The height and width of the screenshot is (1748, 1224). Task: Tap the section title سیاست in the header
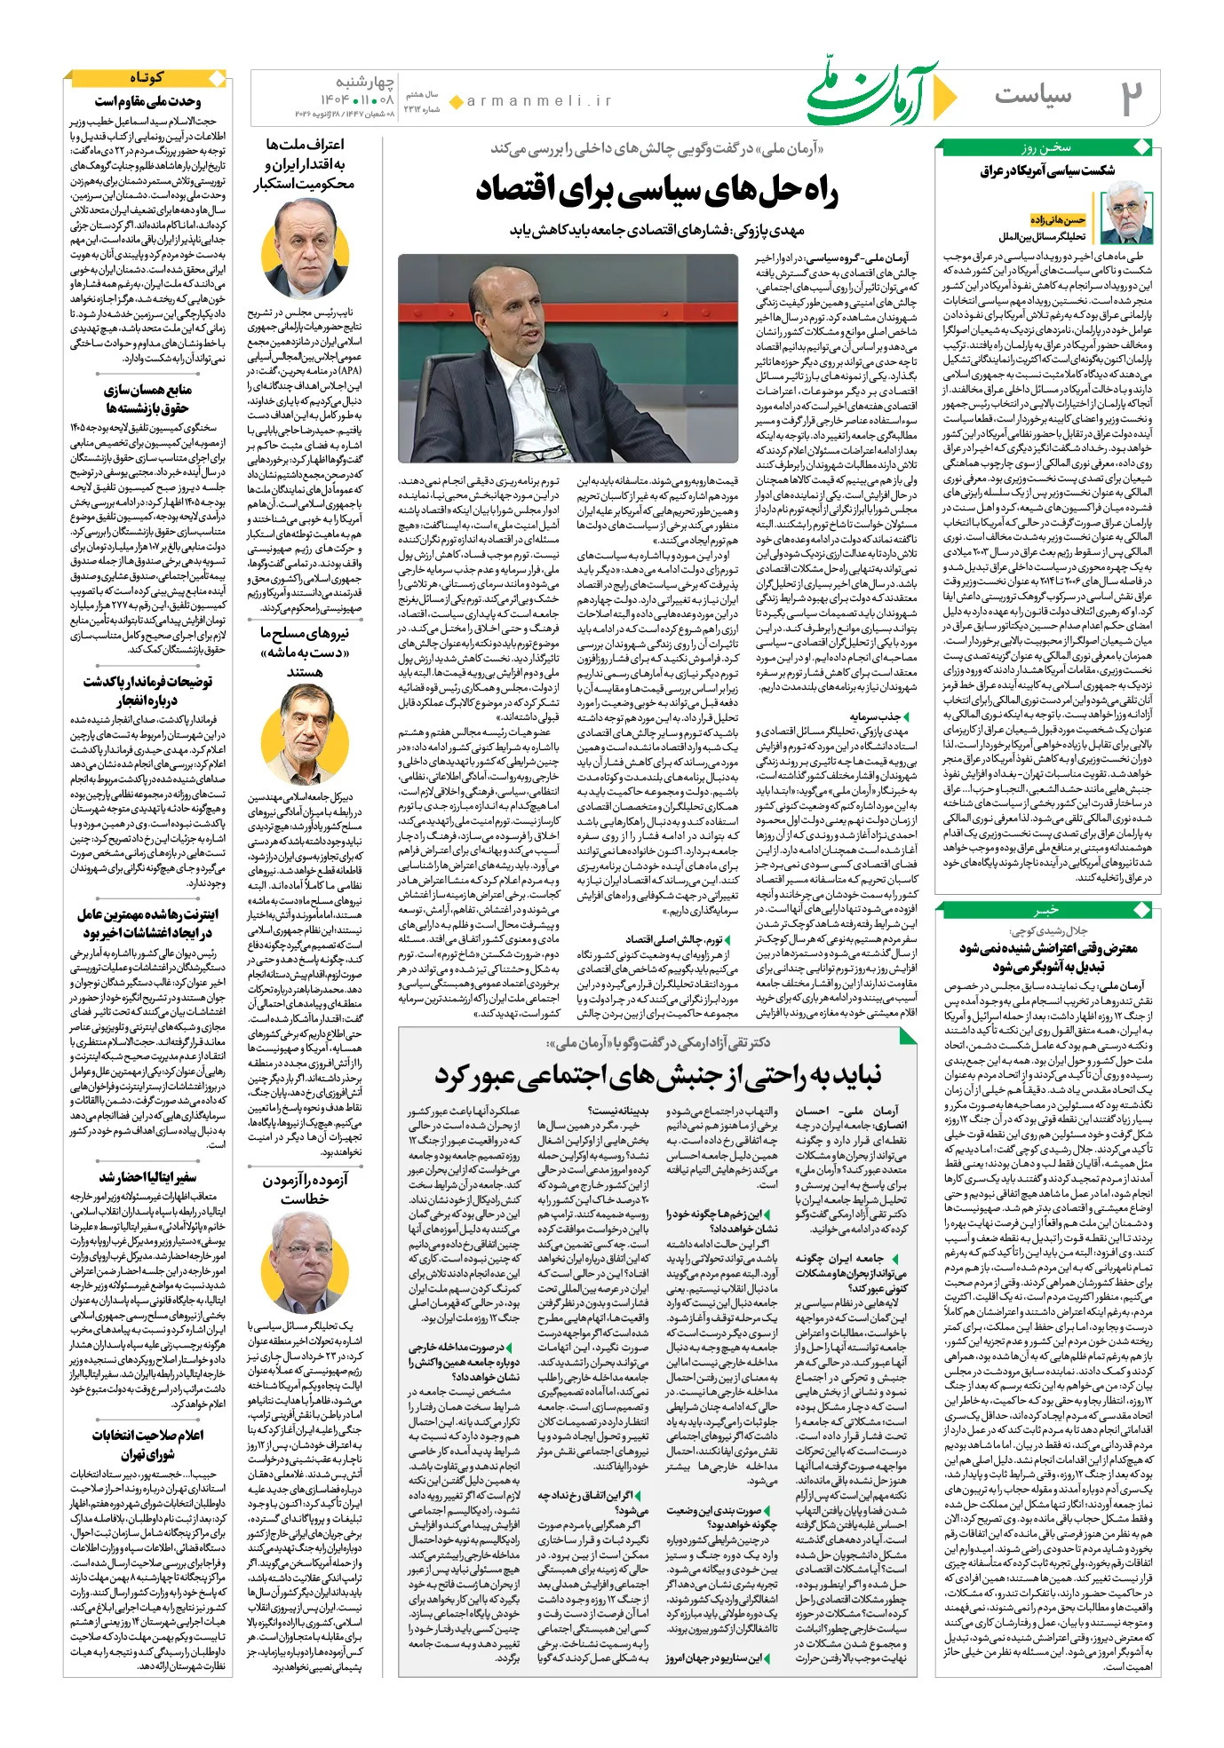tap(1032, 95)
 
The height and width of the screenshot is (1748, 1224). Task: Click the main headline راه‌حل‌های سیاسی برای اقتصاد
tap(657, 190)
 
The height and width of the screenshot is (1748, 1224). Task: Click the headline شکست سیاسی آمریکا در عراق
tap(1046, 170)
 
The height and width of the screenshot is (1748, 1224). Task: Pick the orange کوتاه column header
tap(147, 78)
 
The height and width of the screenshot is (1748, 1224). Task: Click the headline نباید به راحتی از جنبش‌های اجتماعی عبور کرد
tap(657, 1076)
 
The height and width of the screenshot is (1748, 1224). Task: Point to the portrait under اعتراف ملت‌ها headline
tap(305, 247)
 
